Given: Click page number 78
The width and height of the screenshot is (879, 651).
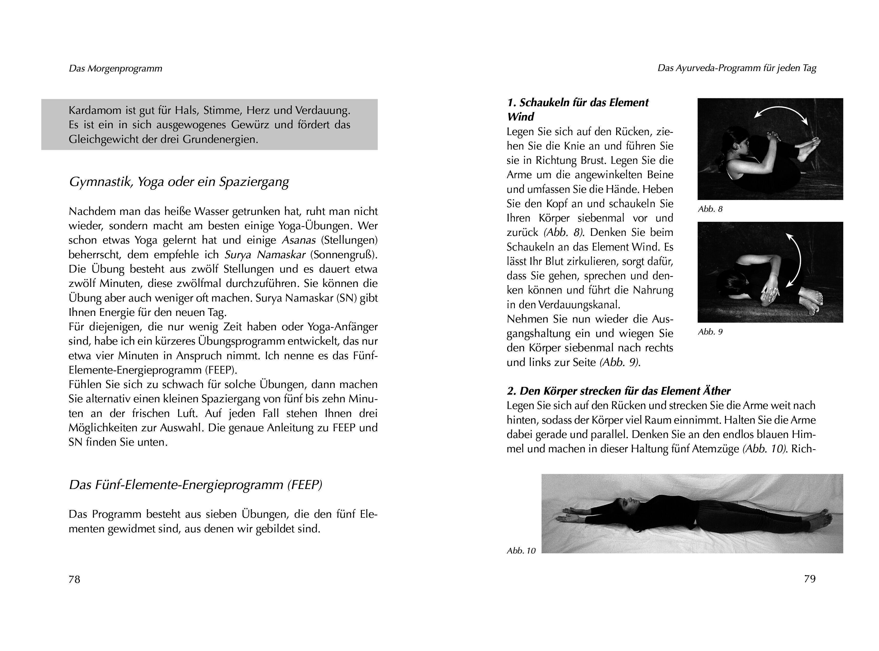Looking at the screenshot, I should click(x=74, y=579).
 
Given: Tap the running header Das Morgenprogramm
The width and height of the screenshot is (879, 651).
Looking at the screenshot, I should click(x=115, y=68).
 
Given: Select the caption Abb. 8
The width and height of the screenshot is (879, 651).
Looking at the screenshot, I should click(x=710, y=209).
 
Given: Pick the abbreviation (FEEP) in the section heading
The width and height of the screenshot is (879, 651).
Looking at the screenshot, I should click(x=304, y=485).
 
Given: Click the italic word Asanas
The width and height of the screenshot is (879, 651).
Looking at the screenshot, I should click(x=298, y=240).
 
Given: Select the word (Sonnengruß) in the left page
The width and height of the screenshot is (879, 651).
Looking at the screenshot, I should click(x=343, y=255).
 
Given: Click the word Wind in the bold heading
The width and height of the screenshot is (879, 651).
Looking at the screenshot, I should click(x=520, y=117).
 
